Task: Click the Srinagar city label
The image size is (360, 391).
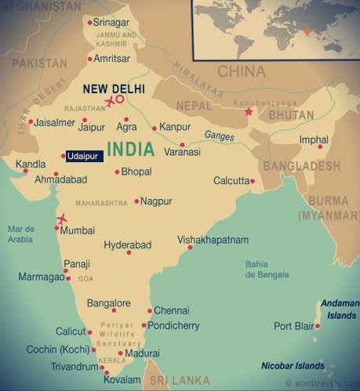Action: (112, 22)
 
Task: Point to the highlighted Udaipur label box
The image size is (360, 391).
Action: (84, 157)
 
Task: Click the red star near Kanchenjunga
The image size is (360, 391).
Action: (249, 112)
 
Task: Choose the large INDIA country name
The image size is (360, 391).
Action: (135, 149)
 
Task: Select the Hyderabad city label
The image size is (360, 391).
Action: (128, 245)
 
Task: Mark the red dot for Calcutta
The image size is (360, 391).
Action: (253, 181)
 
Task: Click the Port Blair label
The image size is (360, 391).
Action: (293, 326)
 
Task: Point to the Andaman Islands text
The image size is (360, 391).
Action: (338, 310)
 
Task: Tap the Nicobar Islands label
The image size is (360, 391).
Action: (293, 366)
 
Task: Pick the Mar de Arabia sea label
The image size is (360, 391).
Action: (21, 234)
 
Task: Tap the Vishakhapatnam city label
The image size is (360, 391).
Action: (213, 239)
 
